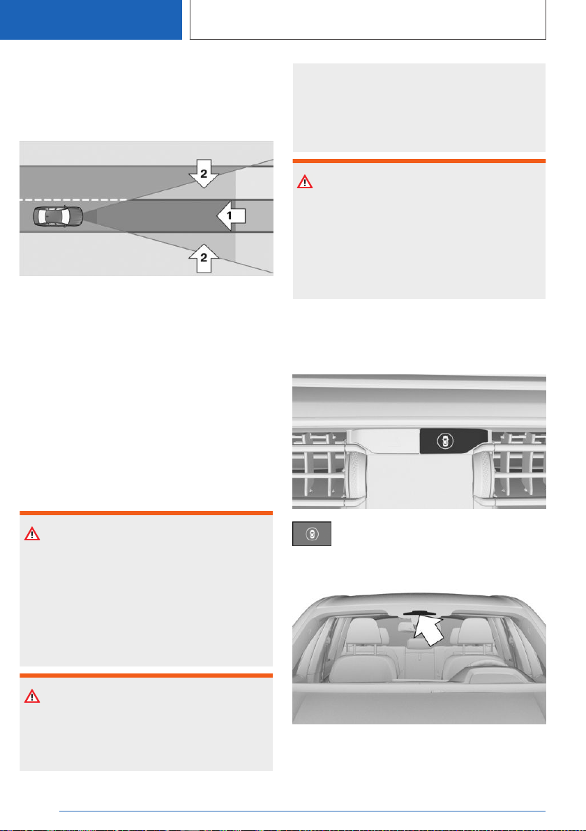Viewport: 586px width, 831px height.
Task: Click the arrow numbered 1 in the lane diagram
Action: (x=231, y=215)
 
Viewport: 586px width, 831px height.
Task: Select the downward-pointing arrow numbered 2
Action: (x=204, y=174)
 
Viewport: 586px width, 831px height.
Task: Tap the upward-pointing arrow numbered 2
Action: (x=204, y=259)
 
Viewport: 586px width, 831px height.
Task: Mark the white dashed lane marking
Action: (x=74, y=200)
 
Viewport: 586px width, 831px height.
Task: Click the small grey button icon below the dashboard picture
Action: (x=312, y=534)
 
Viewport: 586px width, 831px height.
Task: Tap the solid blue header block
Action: (x=91, y=20)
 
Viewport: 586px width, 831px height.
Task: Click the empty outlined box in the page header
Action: (x=368, y=20)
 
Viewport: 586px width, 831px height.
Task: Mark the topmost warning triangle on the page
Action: (x=305, y=183)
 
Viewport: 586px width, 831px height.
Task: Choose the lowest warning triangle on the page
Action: (x=32, y=696)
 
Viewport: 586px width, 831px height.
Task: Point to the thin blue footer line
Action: (x=302, y=811)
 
